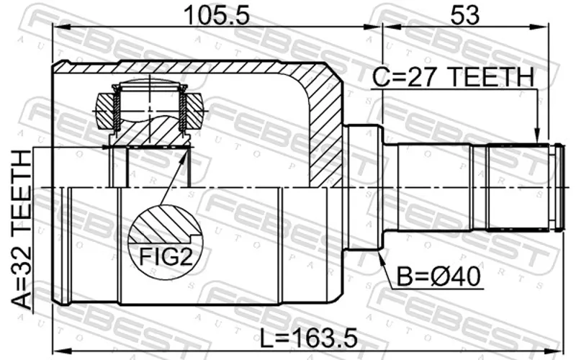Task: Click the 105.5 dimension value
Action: (x=217, y=15)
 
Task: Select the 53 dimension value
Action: (x=464, y=15)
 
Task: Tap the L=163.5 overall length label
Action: (x=309, y=338)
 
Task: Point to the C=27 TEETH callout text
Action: (x=452, y=77)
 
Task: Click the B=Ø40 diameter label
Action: (x=438, y=276)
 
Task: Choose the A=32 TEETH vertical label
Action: (x=22, y=230)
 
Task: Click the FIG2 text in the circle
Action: (x=166, y=257)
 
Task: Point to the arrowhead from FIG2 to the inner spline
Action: (x=183, y=158)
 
